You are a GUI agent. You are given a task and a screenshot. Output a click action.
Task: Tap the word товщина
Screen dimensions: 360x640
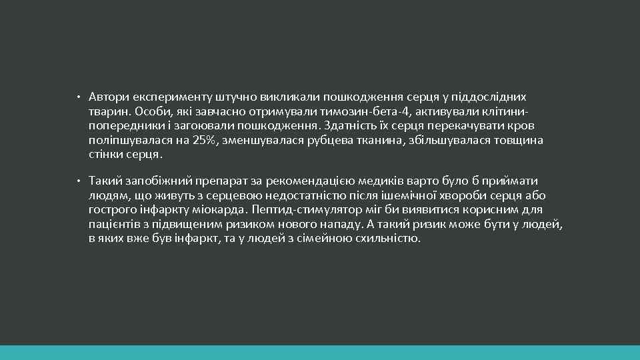click(x=520, y=140)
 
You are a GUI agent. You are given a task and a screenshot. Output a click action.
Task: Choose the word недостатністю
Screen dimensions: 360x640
click(x=311, y=195)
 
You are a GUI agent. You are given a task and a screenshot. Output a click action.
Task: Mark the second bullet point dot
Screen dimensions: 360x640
click(x=78, y=181)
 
